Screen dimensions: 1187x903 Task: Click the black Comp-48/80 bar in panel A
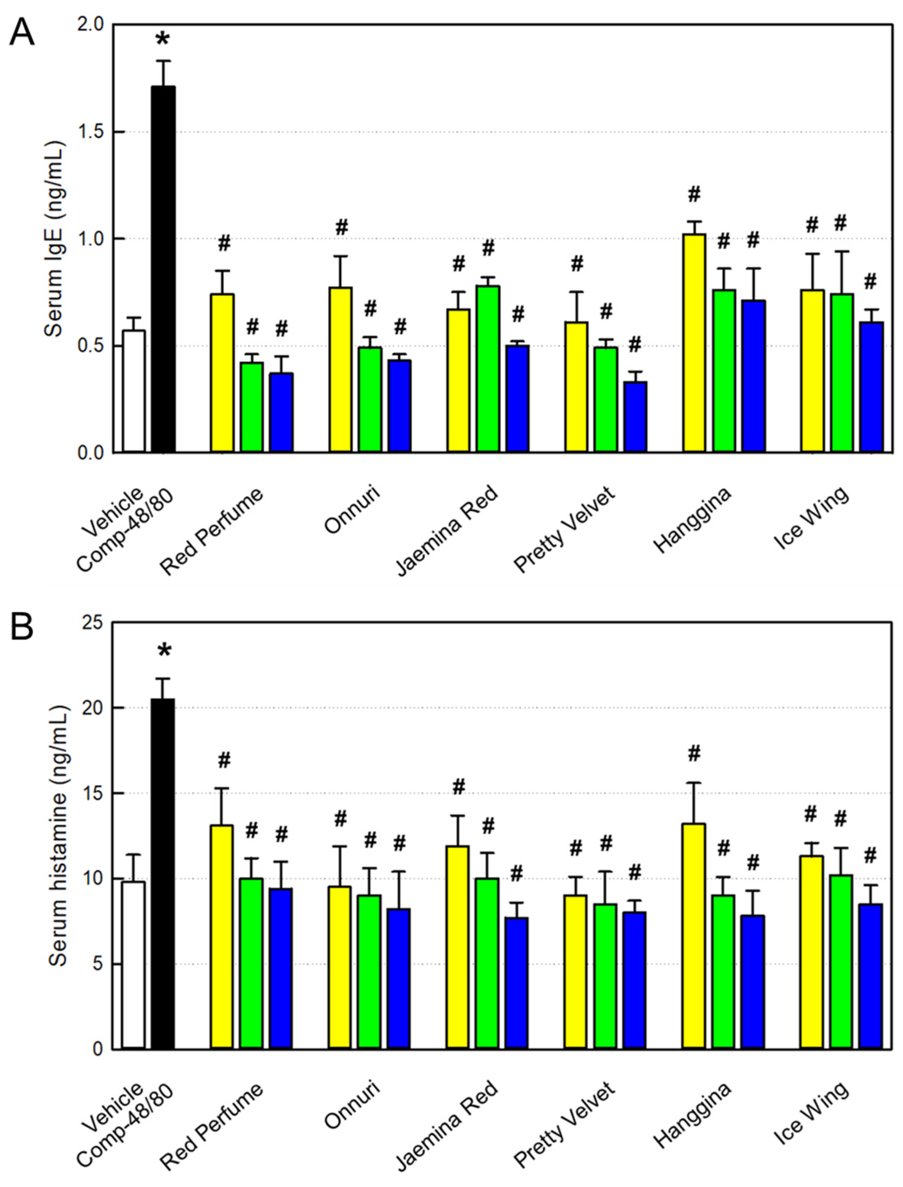pyautogui.click(x=163, y=269)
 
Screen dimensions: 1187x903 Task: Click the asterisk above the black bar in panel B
pyautogui.click(x=164, y=652)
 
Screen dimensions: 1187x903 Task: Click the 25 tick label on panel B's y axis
pyautogui.click(x=92, y=623)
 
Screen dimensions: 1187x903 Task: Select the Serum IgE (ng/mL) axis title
pyautogui.click(x=54, y=239)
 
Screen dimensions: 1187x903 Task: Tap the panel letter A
pyautogui.click(x=23, y=33)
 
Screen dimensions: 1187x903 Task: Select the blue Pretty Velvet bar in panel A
pyautogui.click(x=635, y=416)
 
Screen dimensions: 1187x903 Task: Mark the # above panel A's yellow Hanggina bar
pyautogui.click(x=694, y=195)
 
